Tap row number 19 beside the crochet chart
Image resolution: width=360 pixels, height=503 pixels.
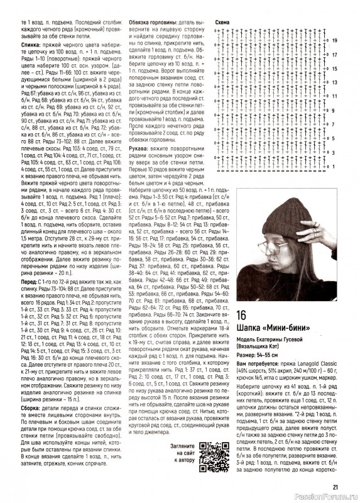[x=335, y=40]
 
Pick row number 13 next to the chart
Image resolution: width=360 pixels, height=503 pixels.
[x=335, y=82]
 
